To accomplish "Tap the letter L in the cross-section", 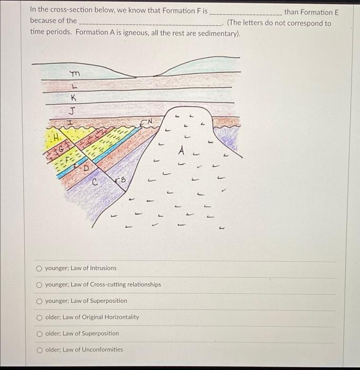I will (73, 86).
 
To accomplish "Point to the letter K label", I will (73, 98).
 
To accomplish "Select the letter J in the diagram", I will (72, 110).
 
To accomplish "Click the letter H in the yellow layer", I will (55, 137).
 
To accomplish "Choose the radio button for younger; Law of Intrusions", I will (39, 268).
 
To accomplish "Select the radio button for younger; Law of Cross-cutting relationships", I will (39, 284).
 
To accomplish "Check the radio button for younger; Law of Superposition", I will (39, 301).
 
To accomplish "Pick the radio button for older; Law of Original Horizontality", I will (39, 317).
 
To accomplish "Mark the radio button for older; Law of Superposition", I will (39, 334).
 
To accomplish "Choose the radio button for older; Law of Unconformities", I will (39, 349).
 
